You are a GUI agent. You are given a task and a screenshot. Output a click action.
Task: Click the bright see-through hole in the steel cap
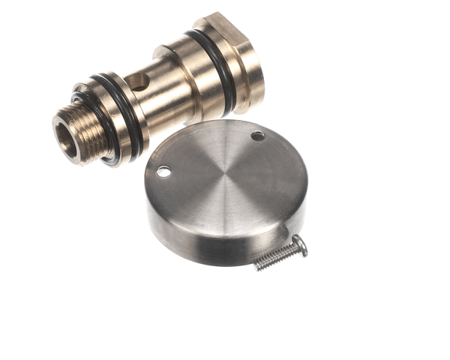click(163, 172)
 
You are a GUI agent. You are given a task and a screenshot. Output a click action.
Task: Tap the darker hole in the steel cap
click(257, 136)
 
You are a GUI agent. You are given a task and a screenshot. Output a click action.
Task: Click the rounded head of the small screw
click(299, 244)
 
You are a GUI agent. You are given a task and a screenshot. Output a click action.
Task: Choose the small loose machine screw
click(281, 253)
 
